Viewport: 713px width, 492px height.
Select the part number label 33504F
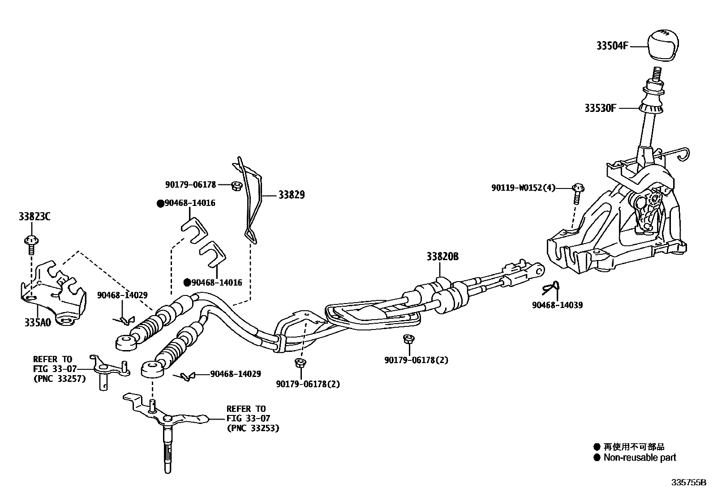(612, 46)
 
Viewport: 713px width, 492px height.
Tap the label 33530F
(600, 108)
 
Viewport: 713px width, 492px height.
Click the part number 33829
(292, 195)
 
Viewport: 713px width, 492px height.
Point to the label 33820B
(442, 257)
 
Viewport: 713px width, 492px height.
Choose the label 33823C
(34, 217)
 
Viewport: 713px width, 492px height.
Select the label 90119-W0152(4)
(523, 188)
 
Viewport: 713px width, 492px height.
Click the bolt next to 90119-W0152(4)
(578, 191)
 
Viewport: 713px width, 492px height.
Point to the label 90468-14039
(558, 305)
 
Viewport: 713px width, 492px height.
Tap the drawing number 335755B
(688, 483)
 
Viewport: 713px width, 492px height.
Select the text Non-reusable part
(640, 458)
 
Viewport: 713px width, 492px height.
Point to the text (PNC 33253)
(253, 428)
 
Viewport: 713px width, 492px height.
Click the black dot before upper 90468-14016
(160, 203)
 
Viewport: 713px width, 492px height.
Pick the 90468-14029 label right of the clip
(236, 374)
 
